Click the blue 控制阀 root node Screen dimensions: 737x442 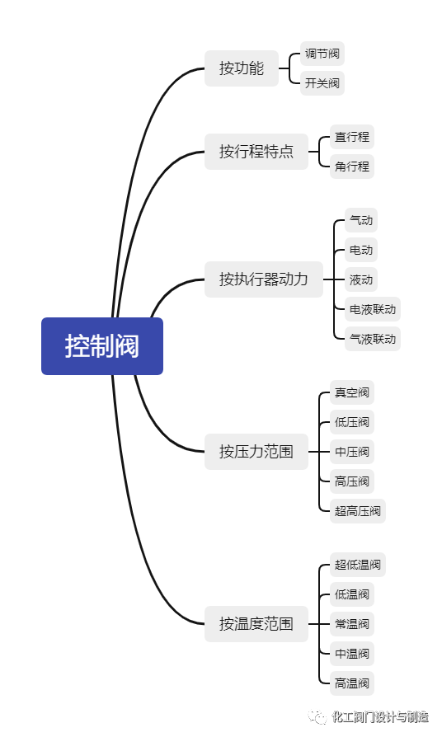click(x=102, y=346)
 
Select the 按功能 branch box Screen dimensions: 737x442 click(x=242, y=68)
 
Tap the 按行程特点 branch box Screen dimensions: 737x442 click(x=256, y=152)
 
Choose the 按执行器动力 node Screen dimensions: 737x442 click(x=264, y=279)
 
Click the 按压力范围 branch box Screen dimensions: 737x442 click(x=256, y=452)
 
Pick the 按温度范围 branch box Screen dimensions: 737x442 click(x=256, y=623)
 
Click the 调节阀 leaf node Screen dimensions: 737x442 click(x=322, y=54)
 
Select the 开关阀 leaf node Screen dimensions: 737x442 click(x=322, y=83)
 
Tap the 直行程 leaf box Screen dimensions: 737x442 click(x=352, y=137)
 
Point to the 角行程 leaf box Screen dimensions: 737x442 click(x=352, y=167)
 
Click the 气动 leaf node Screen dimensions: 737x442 click(x=361, y=221)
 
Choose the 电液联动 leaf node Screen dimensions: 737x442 click(x=373, y=310)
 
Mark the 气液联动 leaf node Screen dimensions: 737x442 click(x=373, y=339)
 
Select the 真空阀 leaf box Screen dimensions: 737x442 click(x=352, y=392)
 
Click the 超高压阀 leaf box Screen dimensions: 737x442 click(x=358, y=511)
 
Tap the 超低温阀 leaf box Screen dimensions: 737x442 click(x=358, y=566)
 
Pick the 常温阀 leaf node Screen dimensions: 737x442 click(x=352, y=624)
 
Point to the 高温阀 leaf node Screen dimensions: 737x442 click(x=352, y=683)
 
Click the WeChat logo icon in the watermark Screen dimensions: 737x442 click(x=317, y=716)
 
